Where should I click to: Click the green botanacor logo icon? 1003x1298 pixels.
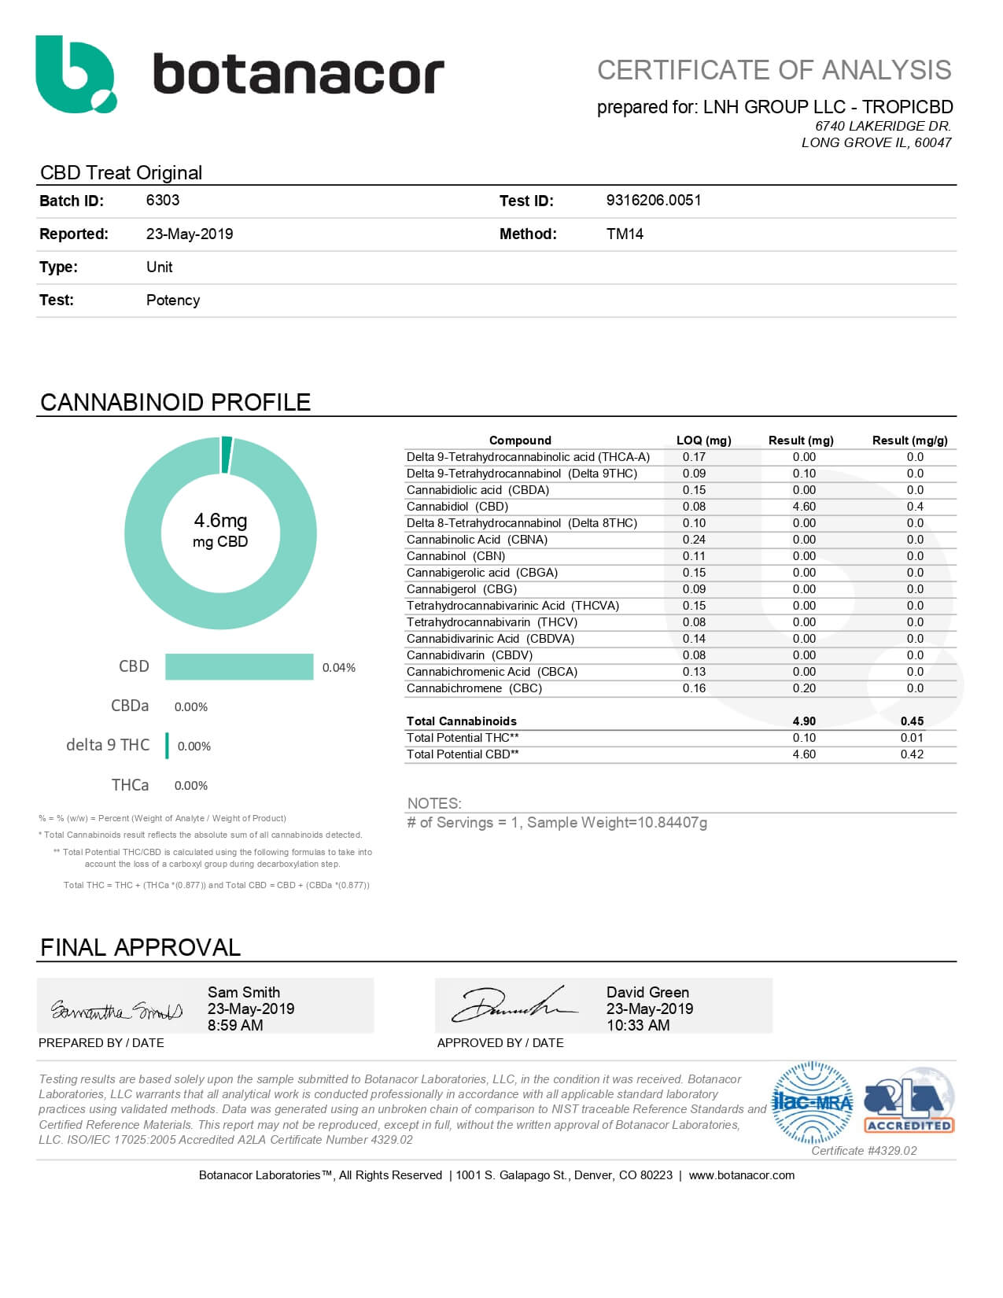point(76,74)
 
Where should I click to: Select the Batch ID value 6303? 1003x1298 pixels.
point(163,200)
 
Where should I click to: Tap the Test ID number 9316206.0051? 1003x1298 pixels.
point(653,200)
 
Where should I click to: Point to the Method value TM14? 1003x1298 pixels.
point(625,234)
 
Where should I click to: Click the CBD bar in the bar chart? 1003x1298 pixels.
point(239,667)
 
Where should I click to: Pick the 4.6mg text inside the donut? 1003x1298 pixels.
point(220,521)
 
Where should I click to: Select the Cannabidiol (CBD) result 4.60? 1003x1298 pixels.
point(804,507)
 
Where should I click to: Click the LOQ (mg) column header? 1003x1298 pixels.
point(703,441)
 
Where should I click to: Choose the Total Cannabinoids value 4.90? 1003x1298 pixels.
point(804,721)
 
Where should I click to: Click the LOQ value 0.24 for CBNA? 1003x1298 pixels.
point(694,540)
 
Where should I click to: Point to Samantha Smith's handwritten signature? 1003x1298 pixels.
point(116,1009)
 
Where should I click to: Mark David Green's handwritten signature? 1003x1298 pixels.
point(511,1005)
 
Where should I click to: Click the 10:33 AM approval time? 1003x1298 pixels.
point(638,1026)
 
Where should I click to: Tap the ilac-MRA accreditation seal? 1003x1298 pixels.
point(813,1102)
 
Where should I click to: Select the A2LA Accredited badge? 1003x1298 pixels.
point(909,1101)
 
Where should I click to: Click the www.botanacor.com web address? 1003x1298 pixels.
point(741,1175)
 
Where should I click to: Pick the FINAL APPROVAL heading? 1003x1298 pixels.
point(140,948)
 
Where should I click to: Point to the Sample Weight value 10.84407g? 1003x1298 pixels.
point(673,823)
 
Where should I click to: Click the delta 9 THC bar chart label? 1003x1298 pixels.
point(108,745)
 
